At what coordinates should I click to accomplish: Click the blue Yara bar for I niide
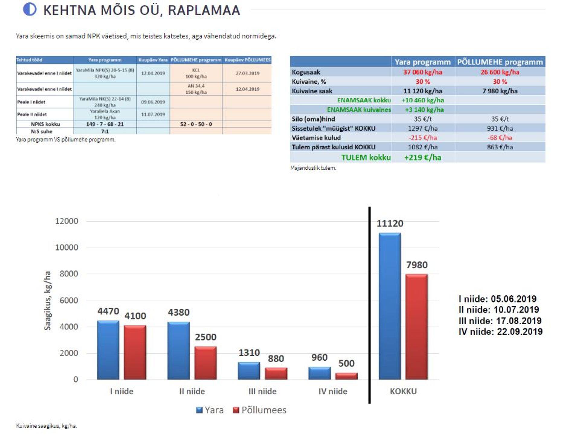click(x=108, y=350)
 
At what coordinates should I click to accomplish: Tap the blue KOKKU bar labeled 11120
click(x=390, y=306)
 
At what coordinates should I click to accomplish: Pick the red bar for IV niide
click(x=346, y=376)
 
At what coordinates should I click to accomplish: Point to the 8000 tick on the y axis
click(x=69, y=274)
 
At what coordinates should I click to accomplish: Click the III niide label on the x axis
click(x=262, y=391)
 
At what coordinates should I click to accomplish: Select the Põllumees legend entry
click(x=260, y=410)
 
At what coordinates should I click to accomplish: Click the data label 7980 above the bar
click(x=417, y=265)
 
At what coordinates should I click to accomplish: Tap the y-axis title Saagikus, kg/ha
click(x=47, y=300)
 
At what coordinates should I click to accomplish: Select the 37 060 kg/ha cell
click(x=423, y=72)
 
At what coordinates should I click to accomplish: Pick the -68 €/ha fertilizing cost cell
click(x=500, y=138)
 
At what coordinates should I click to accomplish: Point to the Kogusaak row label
click(x=306, y=72)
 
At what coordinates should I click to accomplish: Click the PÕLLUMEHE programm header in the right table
click(x=500, y=62)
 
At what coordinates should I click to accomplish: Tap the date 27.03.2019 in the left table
click(x=247, y=73)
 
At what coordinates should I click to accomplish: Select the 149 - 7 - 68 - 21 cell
click(x=105, y=124)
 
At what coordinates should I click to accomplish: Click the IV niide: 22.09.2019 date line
click(x=500, y=332)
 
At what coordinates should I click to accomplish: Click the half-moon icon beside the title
click(x=30, y=10)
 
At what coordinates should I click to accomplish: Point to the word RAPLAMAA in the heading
click(x=204, y=10)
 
